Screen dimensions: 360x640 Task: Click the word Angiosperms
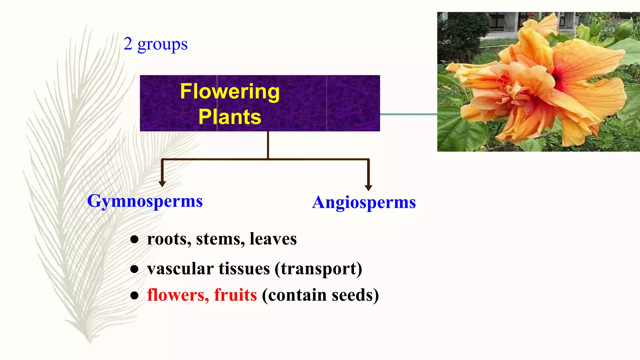(364, 203)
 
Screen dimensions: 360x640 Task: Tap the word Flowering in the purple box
(230, 92)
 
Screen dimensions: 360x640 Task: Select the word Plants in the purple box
(230, 117)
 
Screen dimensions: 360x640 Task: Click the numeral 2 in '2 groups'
(128, 44)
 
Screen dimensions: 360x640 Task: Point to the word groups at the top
(162, 45)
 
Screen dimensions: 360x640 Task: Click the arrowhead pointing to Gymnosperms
(162, 184)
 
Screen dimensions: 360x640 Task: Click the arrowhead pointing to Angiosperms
(368, 187)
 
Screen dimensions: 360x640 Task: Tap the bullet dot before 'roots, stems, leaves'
(134, 240)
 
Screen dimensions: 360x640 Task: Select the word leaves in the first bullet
(273, 239)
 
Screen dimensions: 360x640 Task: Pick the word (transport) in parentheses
(318, 269)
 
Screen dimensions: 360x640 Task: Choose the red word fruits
(235, 295)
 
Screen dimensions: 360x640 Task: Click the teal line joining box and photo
(408, 114)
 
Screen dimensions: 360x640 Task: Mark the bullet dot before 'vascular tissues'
(134, 269)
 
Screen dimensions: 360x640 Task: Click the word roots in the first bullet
(169, 239)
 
